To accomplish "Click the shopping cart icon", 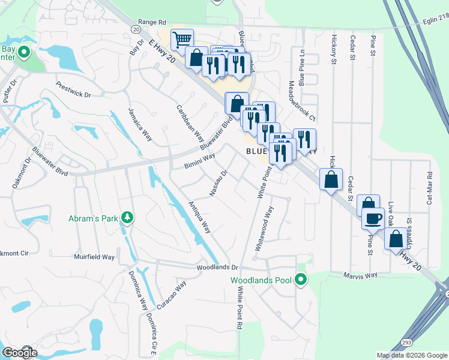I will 182,40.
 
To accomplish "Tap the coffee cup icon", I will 373,218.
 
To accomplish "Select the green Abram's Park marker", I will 126,217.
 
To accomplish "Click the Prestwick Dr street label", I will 73,90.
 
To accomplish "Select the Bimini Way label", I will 200,160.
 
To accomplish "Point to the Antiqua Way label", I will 200,217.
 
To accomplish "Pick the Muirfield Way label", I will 94,257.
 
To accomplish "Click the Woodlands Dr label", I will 217,268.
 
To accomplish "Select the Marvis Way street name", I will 360,275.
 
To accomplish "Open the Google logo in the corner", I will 19,352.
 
